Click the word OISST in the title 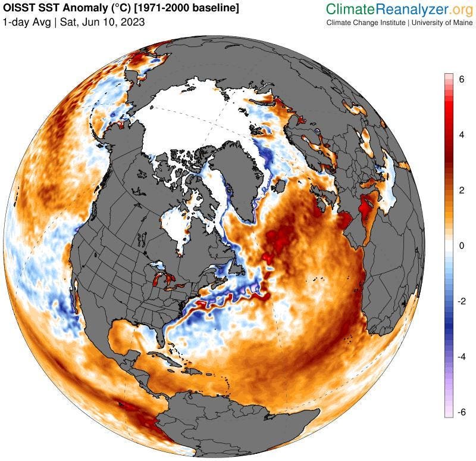pyautogui.click(x=18, y=9)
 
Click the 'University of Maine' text pyautogui.click(x=440, y=23)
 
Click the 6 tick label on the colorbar pyautogui.click(x=461, y=83)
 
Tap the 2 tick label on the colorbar pyautogui.click(x=461, y=190)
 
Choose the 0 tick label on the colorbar pyautogui.click(x=461, y=245)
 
